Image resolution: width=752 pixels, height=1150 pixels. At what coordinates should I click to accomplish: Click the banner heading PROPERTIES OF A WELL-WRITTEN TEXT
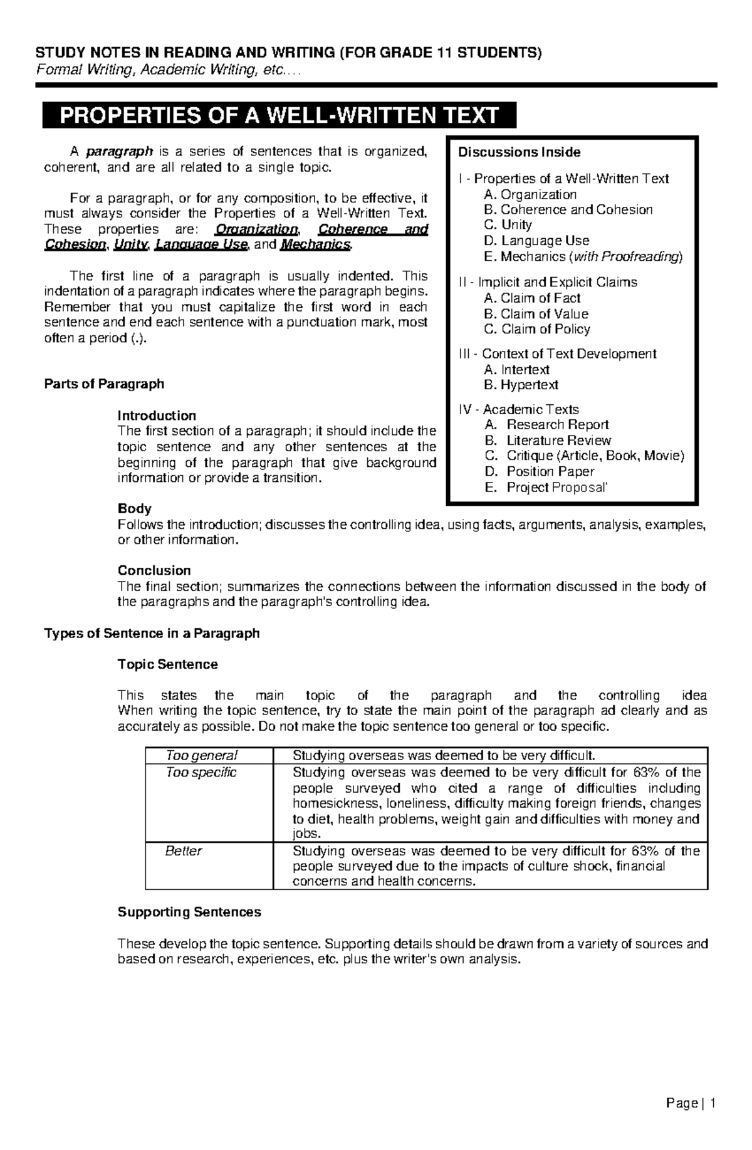pos(279,116)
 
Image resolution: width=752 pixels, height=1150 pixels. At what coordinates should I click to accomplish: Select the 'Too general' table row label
pos(201,755)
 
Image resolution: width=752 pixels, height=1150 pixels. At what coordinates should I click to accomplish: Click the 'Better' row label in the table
pos(184,850)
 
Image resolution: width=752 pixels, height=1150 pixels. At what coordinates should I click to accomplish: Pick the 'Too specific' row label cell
pos(201,772)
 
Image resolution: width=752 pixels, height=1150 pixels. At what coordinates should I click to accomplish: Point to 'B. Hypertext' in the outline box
pos(521,385)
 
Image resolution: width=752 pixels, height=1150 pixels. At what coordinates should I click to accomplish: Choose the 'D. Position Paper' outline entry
pos(540,471)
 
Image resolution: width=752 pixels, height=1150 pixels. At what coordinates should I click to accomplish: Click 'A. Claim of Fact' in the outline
pos(532,298)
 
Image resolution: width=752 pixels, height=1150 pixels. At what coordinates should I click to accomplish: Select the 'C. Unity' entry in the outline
pos(508,225)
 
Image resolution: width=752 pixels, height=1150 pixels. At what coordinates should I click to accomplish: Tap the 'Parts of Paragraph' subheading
pos(104,384)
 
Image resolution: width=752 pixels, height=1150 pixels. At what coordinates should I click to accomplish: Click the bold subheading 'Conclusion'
pos(154,570)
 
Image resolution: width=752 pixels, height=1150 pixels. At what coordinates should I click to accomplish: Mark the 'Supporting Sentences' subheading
pos(189,912)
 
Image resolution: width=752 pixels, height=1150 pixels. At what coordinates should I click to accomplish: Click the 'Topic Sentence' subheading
pos(167,664)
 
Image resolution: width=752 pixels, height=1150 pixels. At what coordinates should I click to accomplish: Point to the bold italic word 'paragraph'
pos(119,151)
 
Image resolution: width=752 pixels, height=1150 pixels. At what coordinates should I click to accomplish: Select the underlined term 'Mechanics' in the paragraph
pos(315,244)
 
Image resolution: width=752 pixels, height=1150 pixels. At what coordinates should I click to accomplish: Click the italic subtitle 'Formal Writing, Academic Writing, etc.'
pos(169,71)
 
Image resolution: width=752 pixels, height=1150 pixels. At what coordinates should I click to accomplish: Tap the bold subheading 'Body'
pos(134,508)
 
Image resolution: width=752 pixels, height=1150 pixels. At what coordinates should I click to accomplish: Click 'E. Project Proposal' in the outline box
pos(546,488)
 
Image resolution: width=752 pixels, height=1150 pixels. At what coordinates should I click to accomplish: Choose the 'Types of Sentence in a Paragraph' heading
pos(152,633)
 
